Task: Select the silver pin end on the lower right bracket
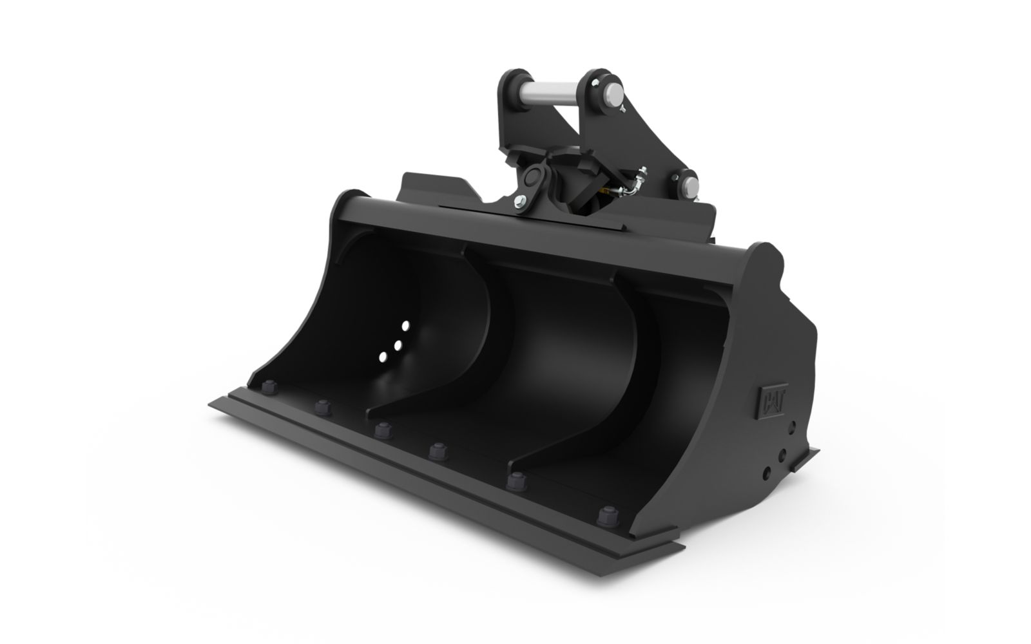(x=691, y=186)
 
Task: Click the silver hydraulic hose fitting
(x=635, y=185)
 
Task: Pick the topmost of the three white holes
(x=405, y=326)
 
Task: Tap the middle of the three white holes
(x=398, y=345)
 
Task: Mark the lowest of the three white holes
(x=383, y=357)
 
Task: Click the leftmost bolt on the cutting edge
(x=269, y=387)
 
